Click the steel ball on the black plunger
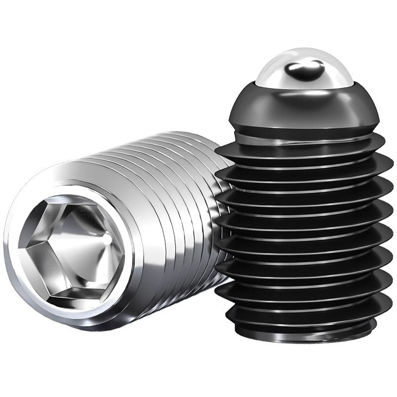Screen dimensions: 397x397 (x=304, y=67)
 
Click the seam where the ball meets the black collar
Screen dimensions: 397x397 (x=304, y=85)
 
